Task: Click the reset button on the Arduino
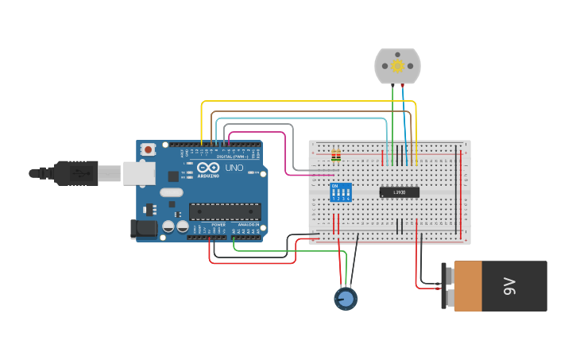coord(149,149)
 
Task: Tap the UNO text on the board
coord(234,168)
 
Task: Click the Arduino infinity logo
coord(209,168)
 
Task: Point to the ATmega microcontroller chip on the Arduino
coord(224,211)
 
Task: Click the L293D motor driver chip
coord(398,192)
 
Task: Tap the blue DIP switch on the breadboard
coord(341,192)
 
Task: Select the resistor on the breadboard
coord(336,156)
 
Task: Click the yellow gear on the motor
coord(397,66)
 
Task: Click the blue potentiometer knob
coord(346,299)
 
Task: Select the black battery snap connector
coord(445,286)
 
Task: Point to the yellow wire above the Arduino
coord(310,102)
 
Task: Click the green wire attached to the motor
coord(392,119)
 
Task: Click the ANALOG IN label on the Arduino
coord(246,225)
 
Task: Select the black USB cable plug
coord(79,172)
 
